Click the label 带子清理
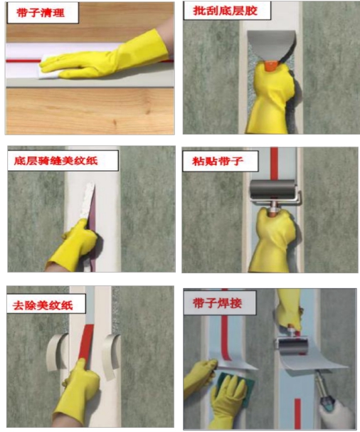coord(41,13)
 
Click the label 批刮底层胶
coord(225,11)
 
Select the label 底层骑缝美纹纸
coord(56,161)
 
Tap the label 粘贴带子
coord(218,161)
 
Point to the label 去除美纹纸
coord(43,305)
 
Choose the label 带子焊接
coord(218,303)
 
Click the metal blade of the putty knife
coord(271,46)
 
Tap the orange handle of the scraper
coord(271,65)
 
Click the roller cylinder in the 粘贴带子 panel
coord(272,189)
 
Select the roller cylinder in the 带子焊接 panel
coord(292,346)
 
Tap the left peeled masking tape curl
coord(58,352)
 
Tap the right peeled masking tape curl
coord(111,357)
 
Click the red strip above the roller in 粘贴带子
coord(274,164)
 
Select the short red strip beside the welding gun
coord(297,413)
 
